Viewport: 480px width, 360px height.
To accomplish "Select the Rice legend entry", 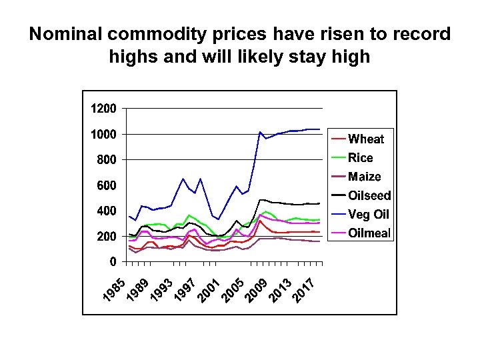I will point(360,158).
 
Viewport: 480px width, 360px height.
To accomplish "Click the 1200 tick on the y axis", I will point(103,108).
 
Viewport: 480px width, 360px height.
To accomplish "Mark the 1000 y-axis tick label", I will point(103,134).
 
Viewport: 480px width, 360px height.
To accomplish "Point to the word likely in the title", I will point(260,57).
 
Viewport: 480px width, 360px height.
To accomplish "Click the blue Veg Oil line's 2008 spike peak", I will point(260,132).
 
